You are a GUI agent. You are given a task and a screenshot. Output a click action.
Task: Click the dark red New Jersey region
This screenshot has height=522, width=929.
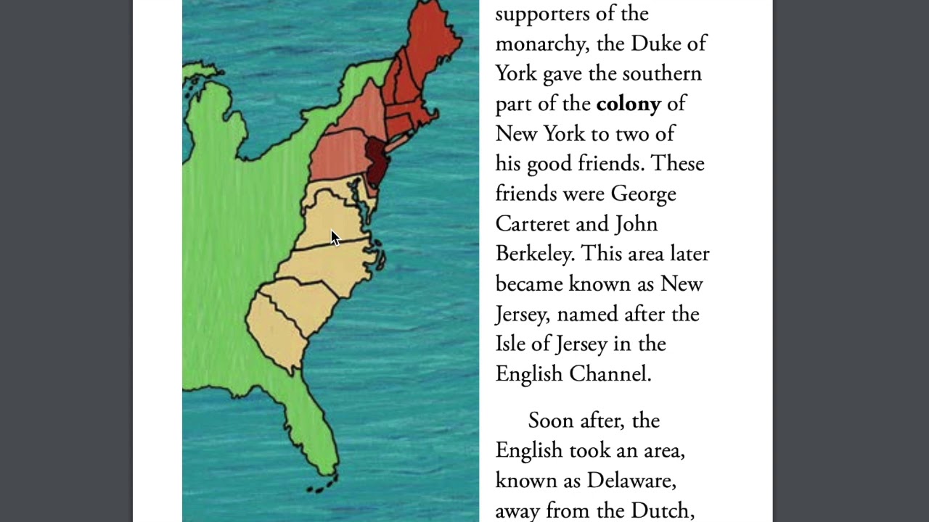377,161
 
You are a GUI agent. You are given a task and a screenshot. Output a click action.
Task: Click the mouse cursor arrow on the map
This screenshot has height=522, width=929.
335,239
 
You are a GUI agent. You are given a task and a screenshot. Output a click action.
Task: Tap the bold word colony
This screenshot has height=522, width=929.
629,104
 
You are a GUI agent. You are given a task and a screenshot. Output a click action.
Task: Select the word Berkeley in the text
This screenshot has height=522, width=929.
535,254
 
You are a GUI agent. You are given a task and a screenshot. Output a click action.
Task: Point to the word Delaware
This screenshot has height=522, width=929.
631,481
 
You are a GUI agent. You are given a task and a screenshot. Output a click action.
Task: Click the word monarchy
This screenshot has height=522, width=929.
541,43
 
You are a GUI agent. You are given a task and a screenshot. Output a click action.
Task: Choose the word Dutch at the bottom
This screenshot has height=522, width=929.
660,511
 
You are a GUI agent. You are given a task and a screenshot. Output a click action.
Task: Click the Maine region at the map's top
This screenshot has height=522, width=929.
433,36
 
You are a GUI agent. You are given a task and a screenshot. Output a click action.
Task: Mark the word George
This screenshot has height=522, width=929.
643,194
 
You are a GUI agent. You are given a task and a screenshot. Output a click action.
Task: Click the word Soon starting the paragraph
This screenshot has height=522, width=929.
553,420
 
